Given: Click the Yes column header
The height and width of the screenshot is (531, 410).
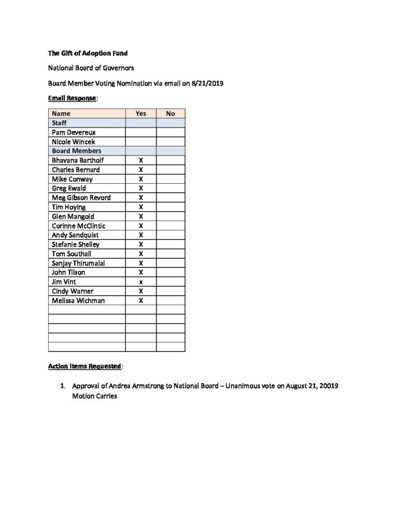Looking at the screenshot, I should point(140,114).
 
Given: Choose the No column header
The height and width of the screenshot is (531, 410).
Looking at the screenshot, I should point(171,114).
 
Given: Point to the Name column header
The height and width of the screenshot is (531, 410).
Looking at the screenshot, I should point(61,114).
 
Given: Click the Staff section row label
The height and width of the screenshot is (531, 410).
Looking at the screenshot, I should point(59,123).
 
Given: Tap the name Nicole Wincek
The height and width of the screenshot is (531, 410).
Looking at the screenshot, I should point(74,142).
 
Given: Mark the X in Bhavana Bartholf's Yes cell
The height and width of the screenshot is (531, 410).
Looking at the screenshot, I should point(140,160).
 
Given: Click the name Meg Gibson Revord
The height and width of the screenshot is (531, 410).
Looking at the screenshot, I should point(81,198).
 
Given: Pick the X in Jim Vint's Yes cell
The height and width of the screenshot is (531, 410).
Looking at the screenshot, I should point(140,282).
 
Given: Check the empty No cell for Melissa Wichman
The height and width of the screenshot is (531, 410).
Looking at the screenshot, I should point(171,300).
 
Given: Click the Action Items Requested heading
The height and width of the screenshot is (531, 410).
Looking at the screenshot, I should point(85,366).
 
